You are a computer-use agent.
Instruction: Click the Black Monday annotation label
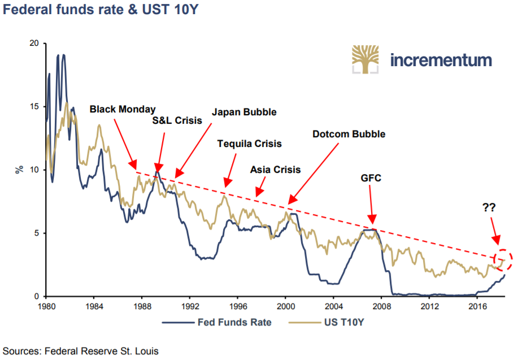123,109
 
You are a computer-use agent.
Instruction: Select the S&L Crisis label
177,120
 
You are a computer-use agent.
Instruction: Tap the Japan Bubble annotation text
244,112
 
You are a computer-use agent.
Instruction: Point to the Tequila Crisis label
249,144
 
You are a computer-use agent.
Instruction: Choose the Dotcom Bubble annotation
349,135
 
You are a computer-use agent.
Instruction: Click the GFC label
371,178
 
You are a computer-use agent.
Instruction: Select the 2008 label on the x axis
382,306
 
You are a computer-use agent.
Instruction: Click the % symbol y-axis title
19,170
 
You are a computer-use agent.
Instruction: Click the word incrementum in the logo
441,60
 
